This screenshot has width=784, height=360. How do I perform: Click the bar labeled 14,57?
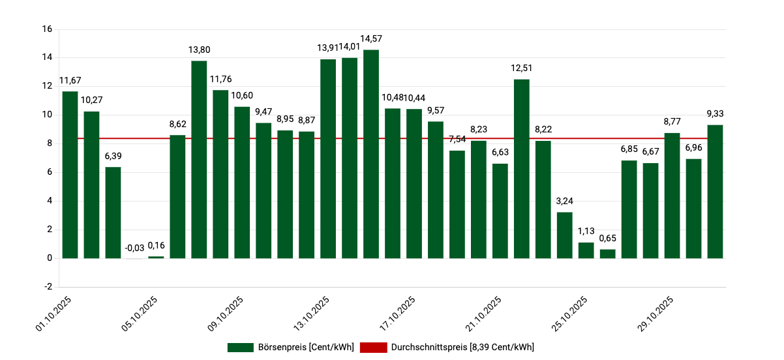tap(371, 154)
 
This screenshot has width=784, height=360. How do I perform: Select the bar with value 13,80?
tap(199, 159)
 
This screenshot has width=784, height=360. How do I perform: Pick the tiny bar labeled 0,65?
tap(608, 254)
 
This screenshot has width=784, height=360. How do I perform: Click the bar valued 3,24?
tap(565, 235)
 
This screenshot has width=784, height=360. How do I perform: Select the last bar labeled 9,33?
tap(716, 191)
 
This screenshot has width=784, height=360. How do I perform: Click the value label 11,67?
tap(70, 81)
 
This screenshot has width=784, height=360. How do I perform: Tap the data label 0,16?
tap(156, 246)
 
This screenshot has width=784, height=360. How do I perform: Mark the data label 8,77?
tap(672, 121)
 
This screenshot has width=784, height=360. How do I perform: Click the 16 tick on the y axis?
tap(46, 29)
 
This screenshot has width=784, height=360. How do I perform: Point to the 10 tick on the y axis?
tap(46, 115)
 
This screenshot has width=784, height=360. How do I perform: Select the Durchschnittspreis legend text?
tap(462, 347)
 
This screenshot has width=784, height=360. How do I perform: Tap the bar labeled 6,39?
tap(113, 213)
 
